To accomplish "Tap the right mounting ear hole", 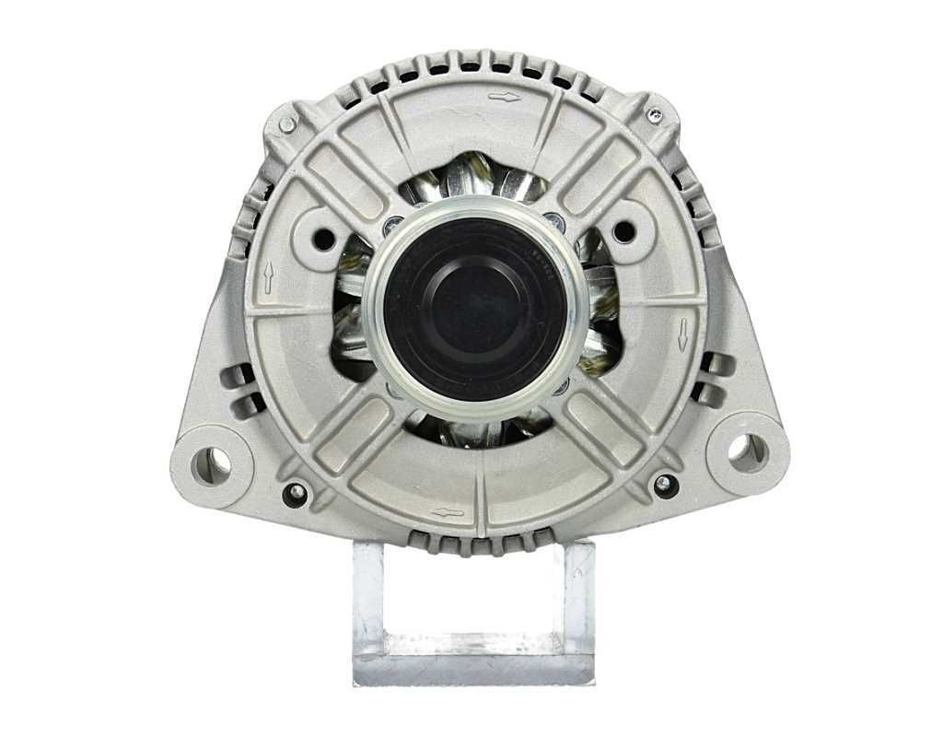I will pyautogui.click(x=741, y=449).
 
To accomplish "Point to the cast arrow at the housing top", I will pyautogui.click(x=504, y=96).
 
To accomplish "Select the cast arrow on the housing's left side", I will pyautogui.click(x=268, y=277).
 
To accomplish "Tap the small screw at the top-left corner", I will pyautogui.click(x=287, y=124).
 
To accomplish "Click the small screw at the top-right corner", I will pyautogui.click(x=655, y=114).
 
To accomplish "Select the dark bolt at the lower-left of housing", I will pyautogui.click(x=296, y=493).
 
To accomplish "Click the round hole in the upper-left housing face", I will pyautogui.click(x=325, y=237).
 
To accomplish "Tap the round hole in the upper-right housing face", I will pyautogui.click(x=623, y=231).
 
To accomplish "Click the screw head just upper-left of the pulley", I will pyautogui.click(x=392, y=223).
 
